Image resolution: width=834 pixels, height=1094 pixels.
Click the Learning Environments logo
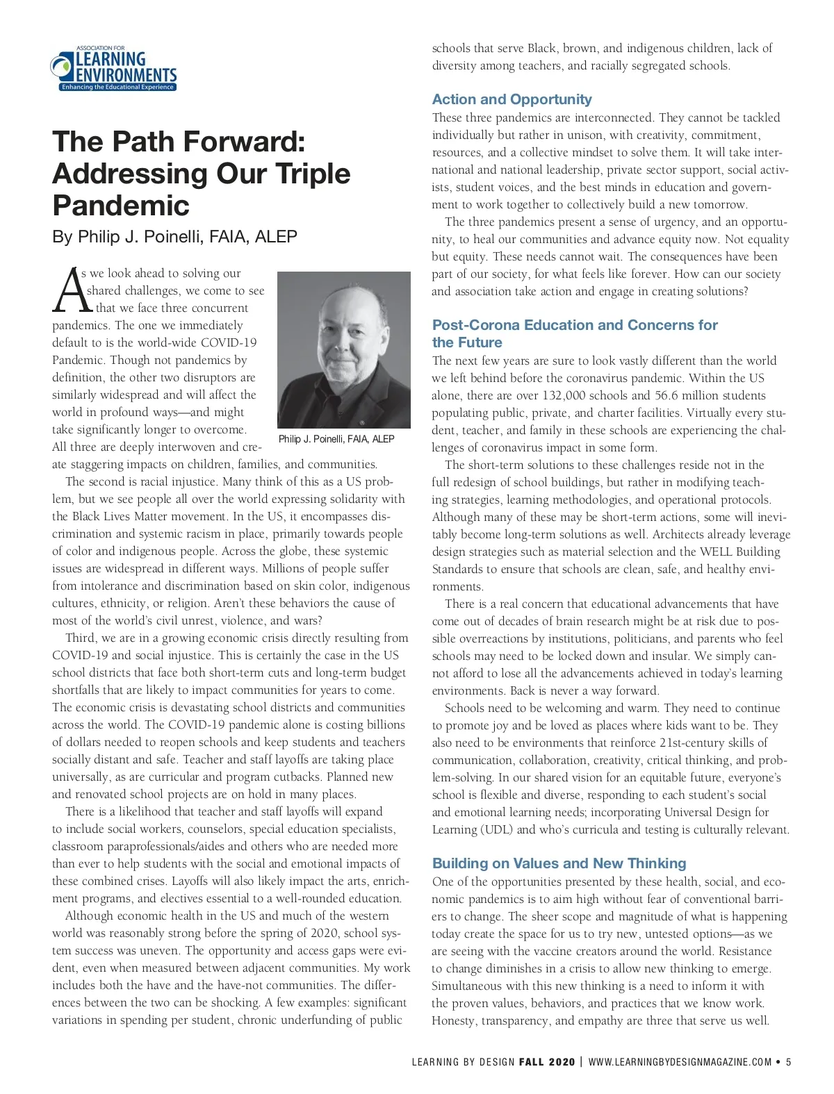coord(114,69)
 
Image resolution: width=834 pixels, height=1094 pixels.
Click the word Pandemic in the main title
coord(121,205)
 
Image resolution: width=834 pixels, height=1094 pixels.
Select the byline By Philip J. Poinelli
coord(174,237)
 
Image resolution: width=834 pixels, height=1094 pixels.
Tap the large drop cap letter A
coord(67,290)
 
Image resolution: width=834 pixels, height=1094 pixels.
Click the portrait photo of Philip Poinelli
coord(343,349)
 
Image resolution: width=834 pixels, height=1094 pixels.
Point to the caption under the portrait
coord(336,439)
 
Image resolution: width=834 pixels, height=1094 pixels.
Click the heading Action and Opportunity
coord(512,99)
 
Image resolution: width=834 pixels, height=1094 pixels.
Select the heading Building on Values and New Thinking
coord(559,863)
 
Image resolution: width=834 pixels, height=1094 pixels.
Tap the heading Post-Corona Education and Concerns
coord(575,325)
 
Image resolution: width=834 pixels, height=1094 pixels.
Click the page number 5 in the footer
coord(789,1061)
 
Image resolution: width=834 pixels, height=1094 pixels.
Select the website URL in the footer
coord(680,1061)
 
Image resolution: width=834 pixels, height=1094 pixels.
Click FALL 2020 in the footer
coord(547,1061)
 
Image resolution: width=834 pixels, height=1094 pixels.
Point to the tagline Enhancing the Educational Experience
coord(117,88)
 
